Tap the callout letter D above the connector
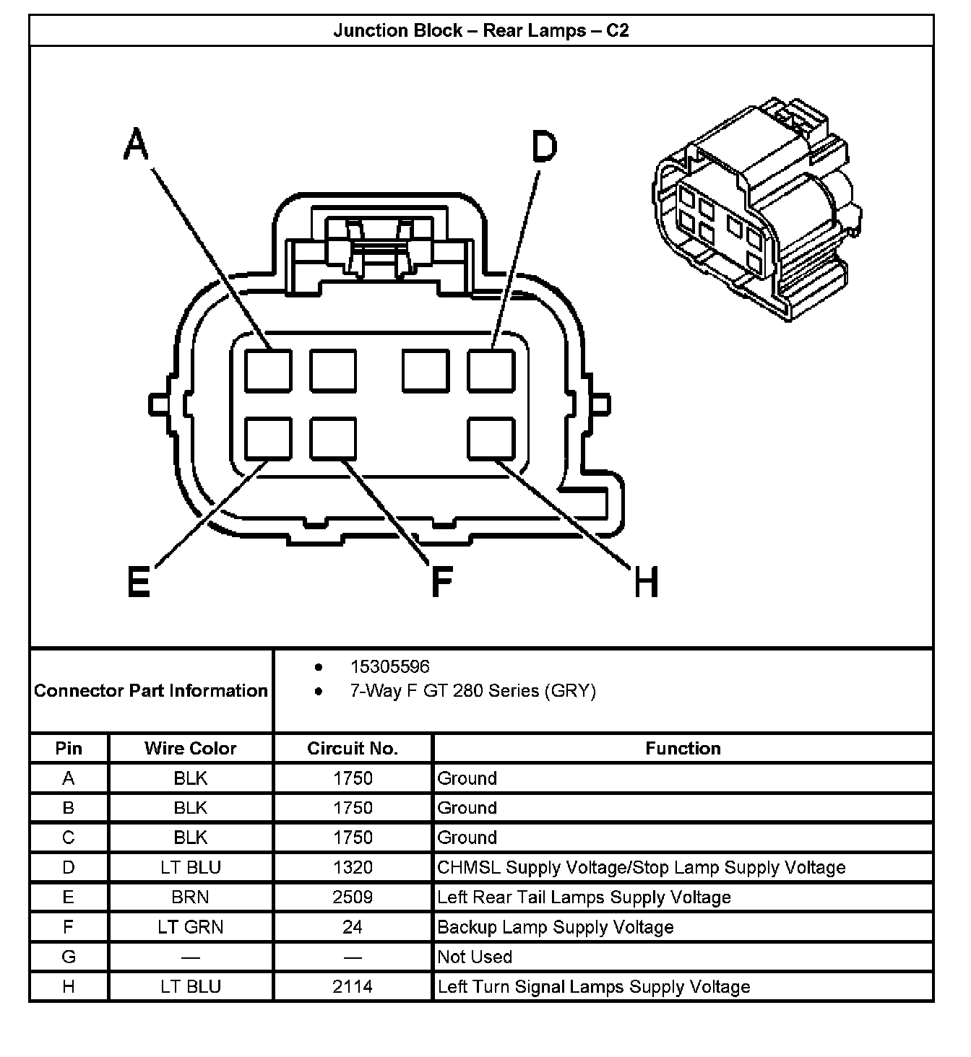545,147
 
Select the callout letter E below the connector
139,581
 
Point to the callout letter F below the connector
441,582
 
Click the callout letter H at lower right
646,582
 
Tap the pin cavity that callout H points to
491,438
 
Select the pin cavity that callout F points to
333,438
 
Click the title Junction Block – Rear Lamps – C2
481,30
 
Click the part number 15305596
389,666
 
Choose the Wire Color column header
191,748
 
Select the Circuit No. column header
353,748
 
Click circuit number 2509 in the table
353,897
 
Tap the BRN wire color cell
191,897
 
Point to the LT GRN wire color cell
191,927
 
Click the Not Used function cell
475,957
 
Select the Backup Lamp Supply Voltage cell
556,927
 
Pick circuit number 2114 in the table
353,986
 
